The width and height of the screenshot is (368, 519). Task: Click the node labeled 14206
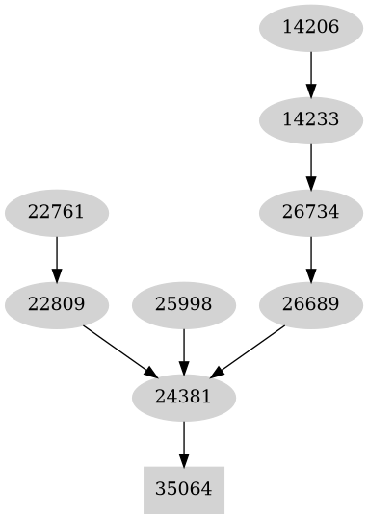point(310,27)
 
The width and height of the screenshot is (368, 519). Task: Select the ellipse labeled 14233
point(310,120)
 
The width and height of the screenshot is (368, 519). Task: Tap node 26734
point(310,213)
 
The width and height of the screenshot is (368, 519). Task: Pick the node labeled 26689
point(310,305)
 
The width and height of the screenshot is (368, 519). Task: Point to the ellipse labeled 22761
point(56,213)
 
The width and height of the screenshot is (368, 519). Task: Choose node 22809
point(56,305)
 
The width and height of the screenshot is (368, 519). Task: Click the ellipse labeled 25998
point(183,305)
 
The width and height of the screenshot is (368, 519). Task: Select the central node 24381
point(183,397)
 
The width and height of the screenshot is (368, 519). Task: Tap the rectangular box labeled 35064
point(183,489)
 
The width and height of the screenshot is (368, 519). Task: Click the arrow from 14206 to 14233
point(310,73)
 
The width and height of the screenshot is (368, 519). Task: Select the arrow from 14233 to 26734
point(310,166)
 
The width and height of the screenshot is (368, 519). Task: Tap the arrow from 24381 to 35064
point(183,443)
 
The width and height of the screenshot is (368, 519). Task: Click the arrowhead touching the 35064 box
point(183,460)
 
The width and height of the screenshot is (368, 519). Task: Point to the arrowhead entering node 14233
point(310,92)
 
